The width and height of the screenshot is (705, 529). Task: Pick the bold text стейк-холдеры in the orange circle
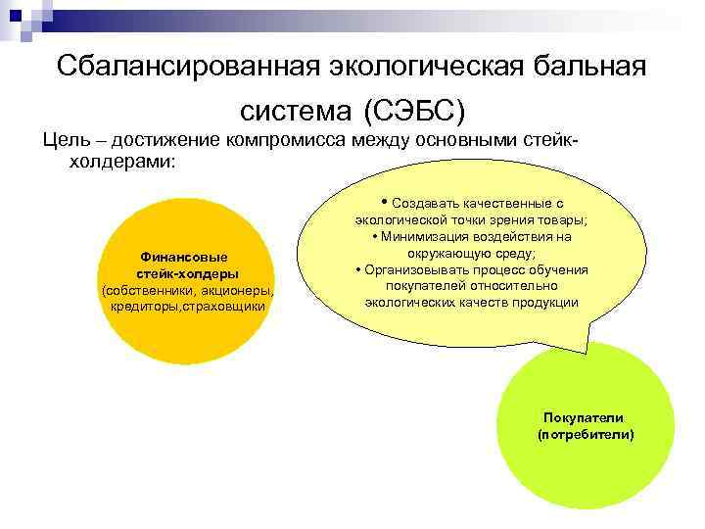186,274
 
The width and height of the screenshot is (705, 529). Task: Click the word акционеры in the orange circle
236,291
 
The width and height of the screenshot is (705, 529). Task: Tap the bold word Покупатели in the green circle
586,417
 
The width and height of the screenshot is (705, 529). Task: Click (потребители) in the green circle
586,433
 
